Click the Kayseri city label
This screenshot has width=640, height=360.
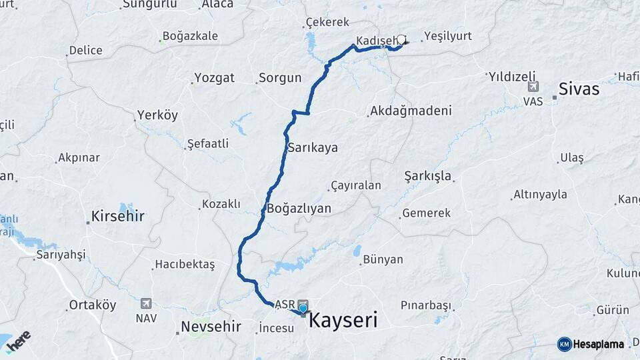(x=343, y=320)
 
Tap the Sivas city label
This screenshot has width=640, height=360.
(x=579, y=89)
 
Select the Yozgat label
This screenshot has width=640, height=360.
(x=213, y=78)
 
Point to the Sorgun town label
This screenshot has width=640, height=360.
(x=280, y=78)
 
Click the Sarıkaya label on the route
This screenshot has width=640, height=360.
(x=312, y=148)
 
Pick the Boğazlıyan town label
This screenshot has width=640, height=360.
(x=299, y=209)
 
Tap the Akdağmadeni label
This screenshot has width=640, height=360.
(x=411, y=111)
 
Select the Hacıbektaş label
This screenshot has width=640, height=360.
(x=185, y=265)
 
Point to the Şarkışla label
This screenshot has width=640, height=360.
(x=428, y=176)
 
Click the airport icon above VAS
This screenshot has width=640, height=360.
(x=533, y=87)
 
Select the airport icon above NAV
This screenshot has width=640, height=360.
(x=146, y=304)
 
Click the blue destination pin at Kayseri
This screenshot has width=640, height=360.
(x=303, y=307)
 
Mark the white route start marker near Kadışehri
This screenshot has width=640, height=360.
(x=401, y=39)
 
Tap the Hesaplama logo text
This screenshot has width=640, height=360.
(x=598, y=344)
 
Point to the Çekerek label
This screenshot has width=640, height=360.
(x=327, y=23)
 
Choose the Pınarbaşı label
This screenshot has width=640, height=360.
(x=425, y=305)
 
